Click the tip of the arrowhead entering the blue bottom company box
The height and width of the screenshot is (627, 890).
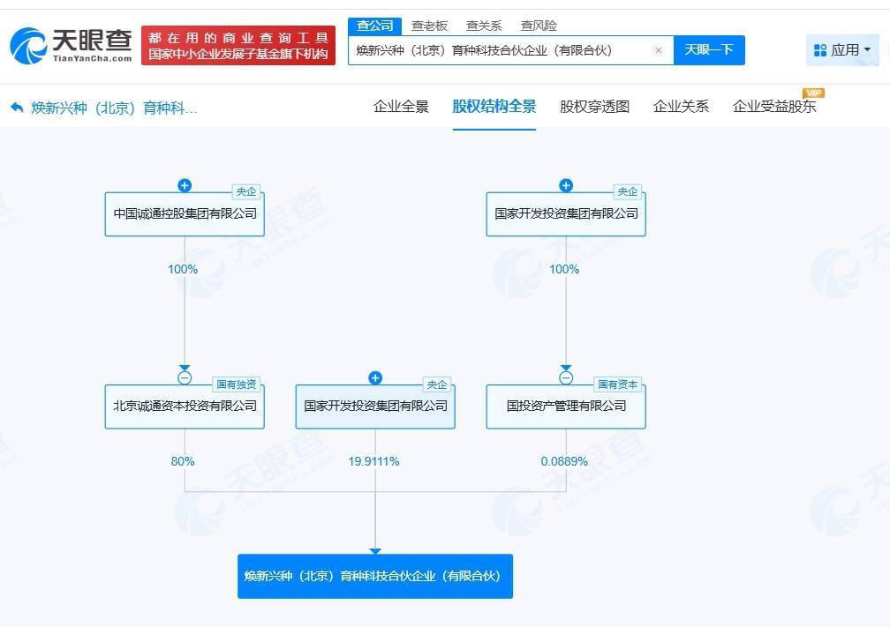[375, 555]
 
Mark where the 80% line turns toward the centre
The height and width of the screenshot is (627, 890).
[185, 491]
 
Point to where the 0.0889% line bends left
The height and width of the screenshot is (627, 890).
[566, 491]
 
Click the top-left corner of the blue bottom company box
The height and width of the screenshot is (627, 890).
[238, 555]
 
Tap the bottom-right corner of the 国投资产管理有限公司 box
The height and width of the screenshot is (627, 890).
[645, 428]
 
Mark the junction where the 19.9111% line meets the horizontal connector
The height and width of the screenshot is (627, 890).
[375, 491]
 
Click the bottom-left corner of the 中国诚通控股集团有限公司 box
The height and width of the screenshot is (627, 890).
[105, 235]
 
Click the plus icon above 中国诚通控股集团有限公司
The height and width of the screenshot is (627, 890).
[185, 185]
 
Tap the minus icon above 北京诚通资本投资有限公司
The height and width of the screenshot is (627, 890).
[185, 377]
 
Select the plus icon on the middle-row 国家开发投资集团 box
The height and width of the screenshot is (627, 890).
[375, 377]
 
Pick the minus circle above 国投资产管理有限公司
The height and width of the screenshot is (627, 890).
[566, 377]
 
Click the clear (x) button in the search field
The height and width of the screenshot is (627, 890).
[659, 50]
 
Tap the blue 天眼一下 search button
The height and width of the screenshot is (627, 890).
[709, 50]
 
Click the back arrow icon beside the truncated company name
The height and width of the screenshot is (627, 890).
[17, 107]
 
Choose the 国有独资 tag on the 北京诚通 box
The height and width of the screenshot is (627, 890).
[236, 384]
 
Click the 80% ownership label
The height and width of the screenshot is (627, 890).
[183, 461]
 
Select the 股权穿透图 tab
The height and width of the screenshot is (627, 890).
[594, 107]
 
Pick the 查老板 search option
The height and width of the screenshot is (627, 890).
[429, 26]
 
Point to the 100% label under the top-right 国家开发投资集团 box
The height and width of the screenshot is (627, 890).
[564, 269]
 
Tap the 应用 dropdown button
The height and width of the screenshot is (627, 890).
[842, 50]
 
